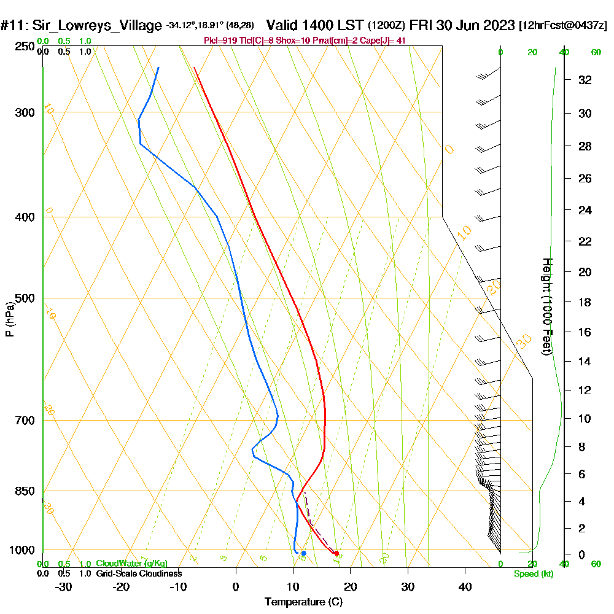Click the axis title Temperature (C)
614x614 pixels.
(303, 602)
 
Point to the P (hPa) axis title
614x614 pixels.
(9, 319)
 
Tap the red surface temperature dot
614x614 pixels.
(336, 553)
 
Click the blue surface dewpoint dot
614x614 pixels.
(303, 553)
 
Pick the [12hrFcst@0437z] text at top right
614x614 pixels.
(562, 26)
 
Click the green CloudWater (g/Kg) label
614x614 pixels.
(131, 564)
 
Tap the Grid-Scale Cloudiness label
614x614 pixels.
(138, 573)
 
